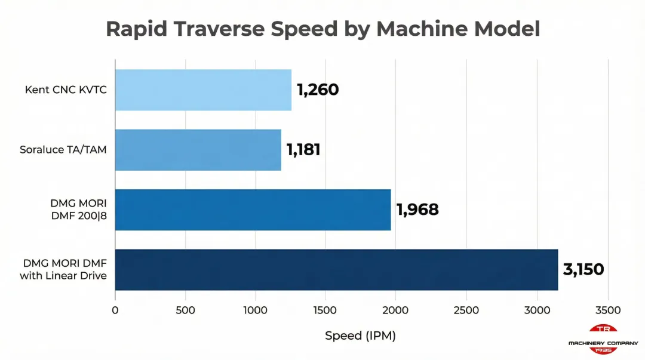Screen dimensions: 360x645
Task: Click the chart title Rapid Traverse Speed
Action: click(x=322, y=29)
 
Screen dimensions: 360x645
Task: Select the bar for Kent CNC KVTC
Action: click(x=203, y=90)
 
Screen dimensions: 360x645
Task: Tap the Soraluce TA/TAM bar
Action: click(x=198, y=150)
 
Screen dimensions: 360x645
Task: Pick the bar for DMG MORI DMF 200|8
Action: click(x=253, y=210)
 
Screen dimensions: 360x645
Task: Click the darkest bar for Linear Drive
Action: click(x=336, y=269)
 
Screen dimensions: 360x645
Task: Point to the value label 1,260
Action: click(x=318, y=90)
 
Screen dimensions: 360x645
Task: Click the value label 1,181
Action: click(x=303, y=150)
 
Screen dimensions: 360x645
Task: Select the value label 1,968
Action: click(x=417, y=210)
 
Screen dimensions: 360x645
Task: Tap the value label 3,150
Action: click(x=583, y=269)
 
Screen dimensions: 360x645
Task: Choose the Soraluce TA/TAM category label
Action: click(x=63, y=150)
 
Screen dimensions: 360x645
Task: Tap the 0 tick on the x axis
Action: click(x=115, y=310)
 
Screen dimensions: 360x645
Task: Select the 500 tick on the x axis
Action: click(x=185, y=310)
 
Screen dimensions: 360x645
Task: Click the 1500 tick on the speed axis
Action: click(x=325, y=310)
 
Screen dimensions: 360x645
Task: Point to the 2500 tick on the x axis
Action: click(x=466, y=310)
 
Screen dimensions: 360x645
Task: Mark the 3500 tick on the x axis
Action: click(x=607, y=310)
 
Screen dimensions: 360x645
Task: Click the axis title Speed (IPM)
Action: click(x=360, y=336)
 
